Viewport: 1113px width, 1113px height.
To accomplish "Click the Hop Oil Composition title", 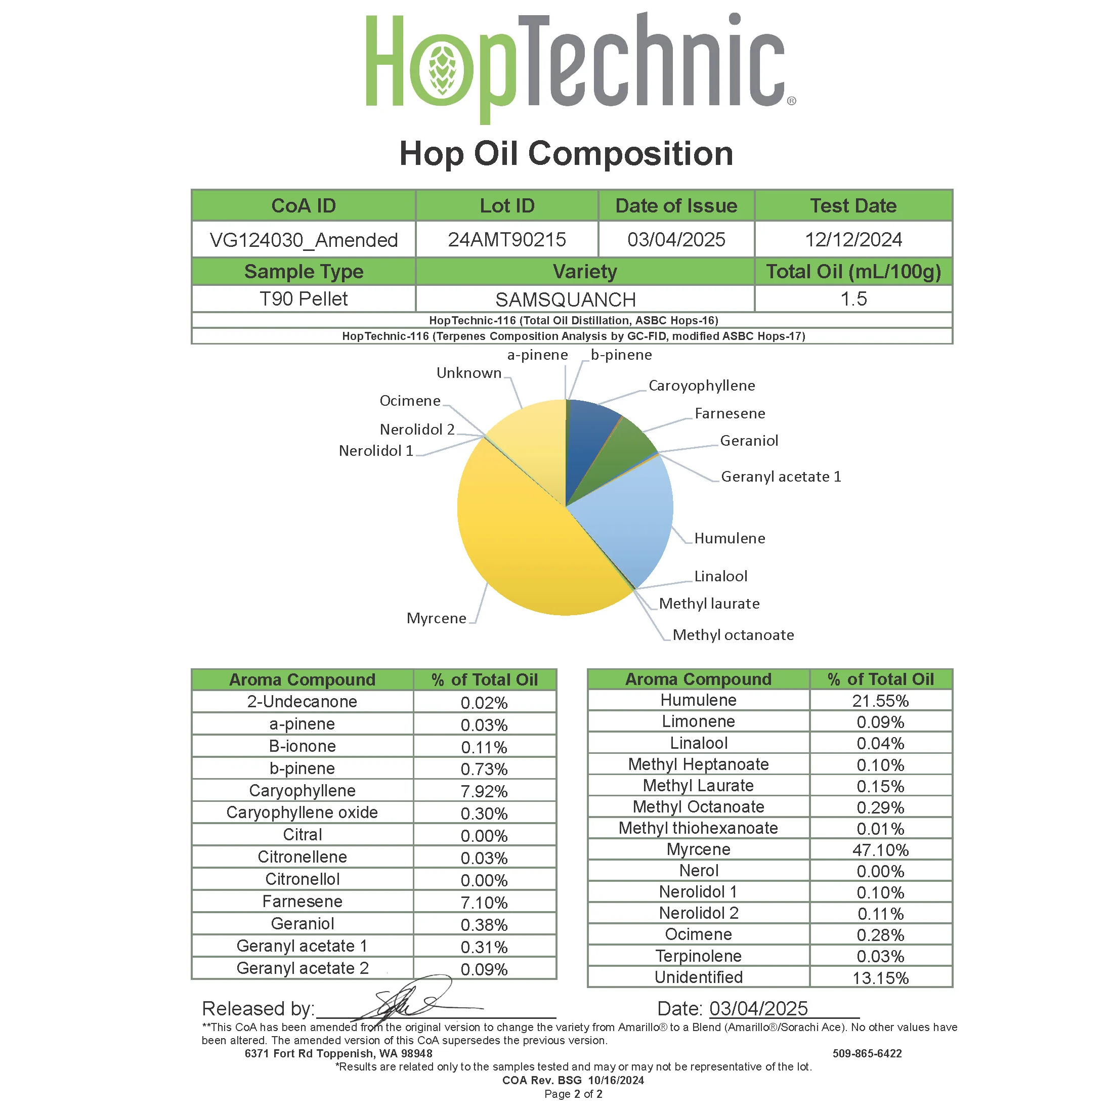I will (x=566, y=154).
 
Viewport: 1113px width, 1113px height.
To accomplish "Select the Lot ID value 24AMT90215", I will (x=507, y=240).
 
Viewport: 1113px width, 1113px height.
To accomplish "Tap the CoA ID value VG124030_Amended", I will (x=304, y=240).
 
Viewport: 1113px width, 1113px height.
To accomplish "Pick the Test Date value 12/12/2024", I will (x=853, y=240).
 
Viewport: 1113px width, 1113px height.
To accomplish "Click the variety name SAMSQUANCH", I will (x=566, y=299).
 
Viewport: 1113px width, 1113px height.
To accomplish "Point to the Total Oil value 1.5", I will (x=853, y=299).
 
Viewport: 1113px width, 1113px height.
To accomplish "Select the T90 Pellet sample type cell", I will (x=304, y=299).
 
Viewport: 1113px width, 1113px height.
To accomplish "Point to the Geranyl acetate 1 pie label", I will (x=781, y=477).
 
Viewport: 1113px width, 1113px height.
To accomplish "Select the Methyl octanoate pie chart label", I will (x=733, y=635).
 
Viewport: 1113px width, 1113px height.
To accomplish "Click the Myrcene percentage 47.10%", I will (x=880, y=850).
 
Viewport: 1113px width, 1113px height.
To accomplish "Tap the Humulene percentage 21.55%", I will (x=880, y=701).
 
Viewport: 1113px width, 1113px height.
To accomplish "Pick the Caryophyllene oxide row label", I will (x=302, y=813).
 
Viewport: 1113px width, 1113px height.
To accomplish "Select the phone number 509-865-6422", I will (x=867, y=1054).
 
